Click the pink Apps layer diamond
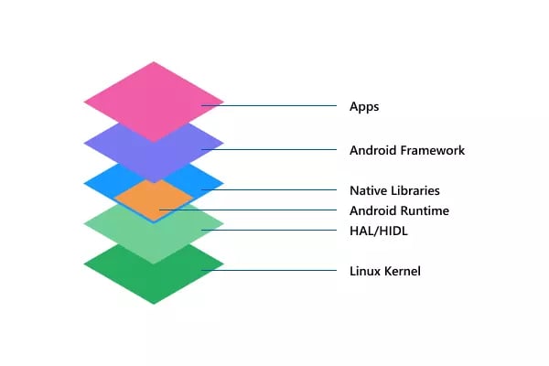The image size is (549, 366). (154, 102)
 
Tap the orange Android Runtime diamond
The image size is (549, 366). (154, 200)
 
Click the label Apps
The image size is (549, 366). (364, 106)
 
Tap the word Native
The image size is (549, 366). (369, 190)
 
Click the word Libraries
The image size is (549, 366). (415, 190)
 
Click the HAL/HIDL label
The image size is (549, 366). (379, 231)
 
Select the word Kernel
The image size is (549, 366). (403, 271)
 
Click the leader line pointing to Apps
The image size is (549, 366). (269, 105)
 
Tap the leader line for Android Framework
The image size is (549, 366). (269, 149)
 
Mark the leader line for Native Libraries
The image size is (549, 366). (269, 189)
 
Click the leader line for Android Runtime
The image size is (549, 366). (248, 210)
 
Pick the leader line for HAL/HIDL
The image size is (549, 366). (269, 230)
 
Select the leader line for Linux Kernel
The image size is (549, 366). (269, 271)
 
